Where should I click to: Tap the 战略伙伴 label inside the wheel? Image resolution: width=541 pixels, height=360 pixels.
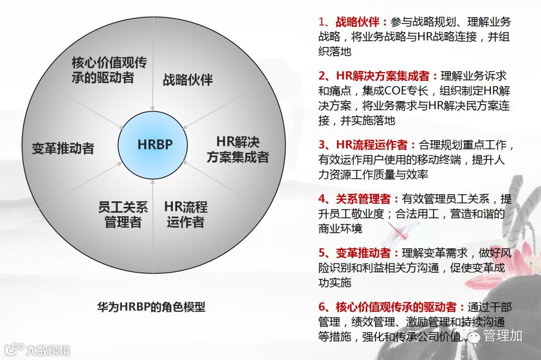coord(188,80)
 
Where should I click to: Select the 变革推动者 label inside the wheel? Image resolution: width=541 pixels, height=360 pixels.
coord(63,148)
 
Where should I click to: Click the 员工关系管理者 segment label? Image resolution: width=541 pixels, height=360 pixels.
coord(123,215)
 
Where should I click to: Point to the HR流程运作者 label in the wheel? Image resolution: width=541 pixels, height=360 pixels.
coord(186,215)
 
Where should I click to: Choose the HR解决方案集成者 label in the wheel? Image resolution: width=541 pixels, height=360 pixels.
coord(238,149)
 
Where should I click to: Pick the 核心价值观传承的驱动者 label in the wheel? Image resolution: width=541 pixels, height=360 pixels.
coord(109,70)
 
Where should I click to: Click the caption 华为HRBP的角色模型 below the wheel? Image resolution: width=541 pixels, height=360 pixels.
coord(151,306)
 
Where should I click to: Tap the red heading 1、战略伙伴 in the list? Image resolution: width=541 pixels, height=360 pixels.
coord(354,22)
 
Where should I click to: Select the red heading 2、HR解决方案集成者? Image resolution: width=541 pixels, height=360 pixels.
coord(378,76)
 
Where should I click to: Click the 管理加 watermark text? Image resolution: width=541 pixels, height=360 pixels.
coord(503,335)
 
